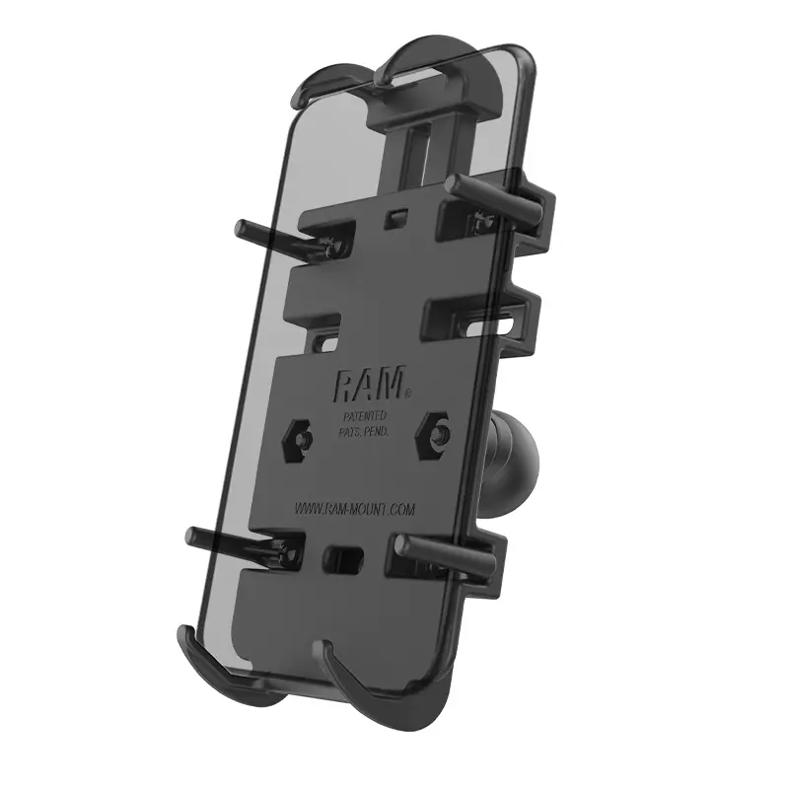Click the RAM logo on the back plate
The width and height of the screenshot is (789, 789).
(371, 382)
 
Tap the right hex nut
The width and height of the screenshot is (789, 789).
(437, 430)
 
